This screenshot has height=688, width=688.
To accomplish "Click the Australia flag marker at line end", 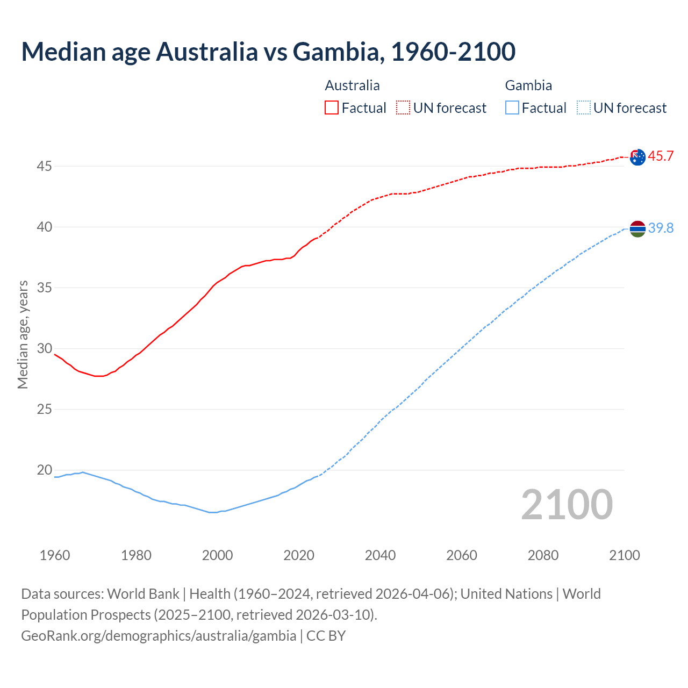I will pyautogui.click(x=637, y=157).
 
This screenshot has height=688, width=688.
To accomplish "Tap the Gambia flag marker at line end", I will pyautogui.click(x=637, y=229).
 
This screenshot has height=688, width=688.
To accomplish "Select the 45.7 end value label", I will pyautogui.click(x=661, y=156).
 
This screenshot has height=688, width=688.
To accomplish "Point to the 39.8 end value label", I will pyautogui.click(x=661, y=228).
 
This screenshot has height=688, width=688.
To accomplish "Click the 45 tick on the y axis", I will pyautogui.click(x=44, y=167).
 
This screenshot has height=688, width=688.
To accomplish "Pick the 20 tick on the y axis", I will pyautogui.click(x=44, y=470).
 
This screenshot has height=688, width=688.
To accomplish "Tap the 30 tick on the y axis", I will pyautogui.click(x=44, y=349).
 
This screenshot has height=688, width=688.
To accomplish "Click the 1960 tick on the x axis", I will pyautogui.click(x=55, y=555).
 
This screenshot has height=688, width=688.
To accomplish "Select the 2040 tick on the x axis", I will pyautogui.click(x=380, y=555).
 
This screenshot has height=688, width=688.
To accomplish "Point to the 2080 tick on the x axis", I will pyautogui.click(x=543, y=555).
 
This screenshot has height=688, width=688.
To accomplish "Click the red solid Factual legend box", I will pyautogui.click(x=332, y=108).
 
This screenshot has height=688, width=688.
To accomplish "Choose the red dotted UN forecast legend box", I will pyautogui.click(x=403, y=108).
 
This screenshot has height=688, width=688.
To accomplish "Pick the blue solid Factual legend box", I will pyautogui.click(x=512, y=108).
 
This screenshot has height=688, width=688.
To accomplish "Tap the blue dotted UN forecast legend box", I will pyautogui.click(x=584, y=108).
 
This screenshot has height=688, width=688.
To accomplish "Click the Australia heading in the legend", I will pyautogui.click(x=352, y=85).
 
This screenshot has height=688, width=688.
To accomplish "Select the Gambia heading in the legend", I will pyautogui.click(x=528, y=85).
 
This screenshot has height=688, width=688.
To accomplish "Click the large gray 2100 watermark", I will pyautogui.click(x=567, y=505).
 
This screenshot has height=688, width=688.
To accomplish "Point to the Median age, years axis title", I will pyautogui.click(x=23, y=334).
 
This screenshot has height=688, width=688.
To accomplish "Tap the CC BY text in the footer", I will pyautogui.click(x=326, y=636).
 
